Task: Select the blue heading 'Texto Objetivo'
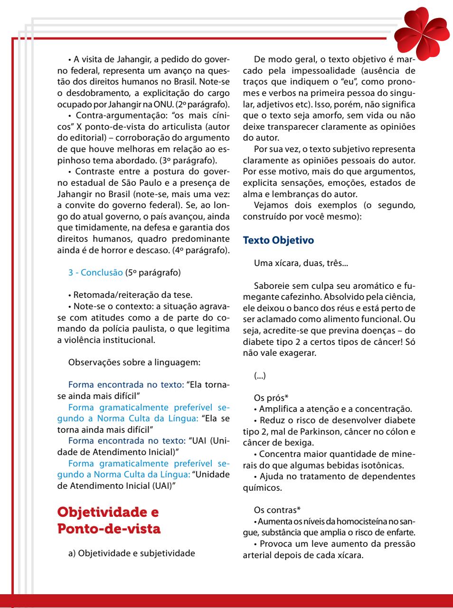(x=278, y=240)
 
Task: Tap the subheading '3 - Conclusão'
(x=95, y=273)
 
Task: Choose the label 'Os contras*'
(x=277, y=511)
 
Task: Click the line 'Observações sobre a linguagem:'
(x=135, y=363)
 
